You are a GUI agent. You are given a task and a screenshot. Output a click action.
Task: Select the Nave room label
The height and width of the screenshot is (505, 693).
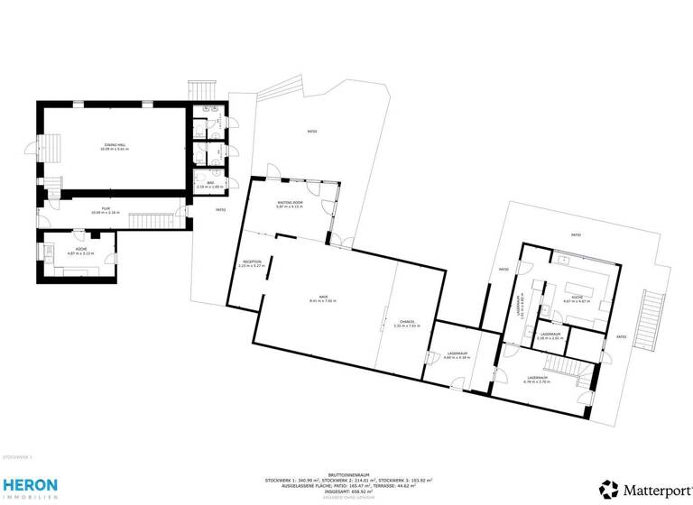coord(322,298)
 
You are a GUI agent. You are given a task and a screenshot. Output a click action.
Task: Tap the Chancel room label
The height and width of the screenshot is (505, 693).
coord(407,324)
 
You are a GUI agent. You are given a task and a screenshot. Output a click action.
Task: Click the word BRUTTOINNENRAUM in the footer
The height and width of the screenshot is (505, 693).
coord(348,473)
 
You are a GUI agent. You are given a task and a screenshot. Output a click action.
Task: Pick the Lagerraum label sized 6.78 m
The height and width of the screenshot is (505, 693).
coord(538,379)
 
